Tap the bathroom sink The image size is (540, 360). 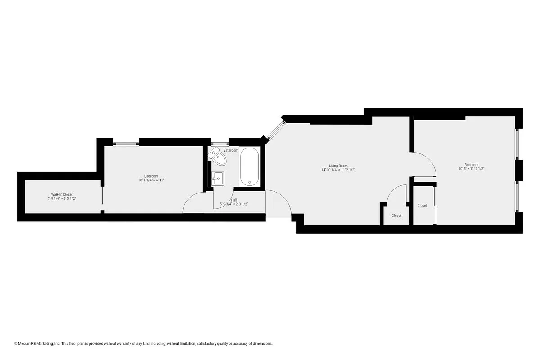point(218,179)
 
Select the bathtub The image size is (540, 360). point(249,167)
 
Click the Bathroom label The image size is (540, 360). point(231,150)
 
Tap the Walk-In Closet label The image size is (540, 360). point(62,194)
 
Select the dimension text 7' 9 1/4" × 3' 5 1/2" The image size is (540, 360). point(62,198)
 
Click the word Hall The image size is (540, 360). point(234,200)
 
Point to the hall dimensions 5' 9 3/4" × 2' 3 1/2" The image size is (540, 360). point(234,204)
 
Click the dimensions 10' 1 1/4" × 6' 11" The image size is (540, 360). point(151,180)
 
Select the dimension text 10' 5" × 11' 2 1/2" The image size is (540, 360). point(471,169)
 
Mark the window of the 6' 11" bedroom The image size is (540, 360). point(126,143)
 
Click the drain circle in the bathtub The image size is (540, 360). point(249,183)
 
